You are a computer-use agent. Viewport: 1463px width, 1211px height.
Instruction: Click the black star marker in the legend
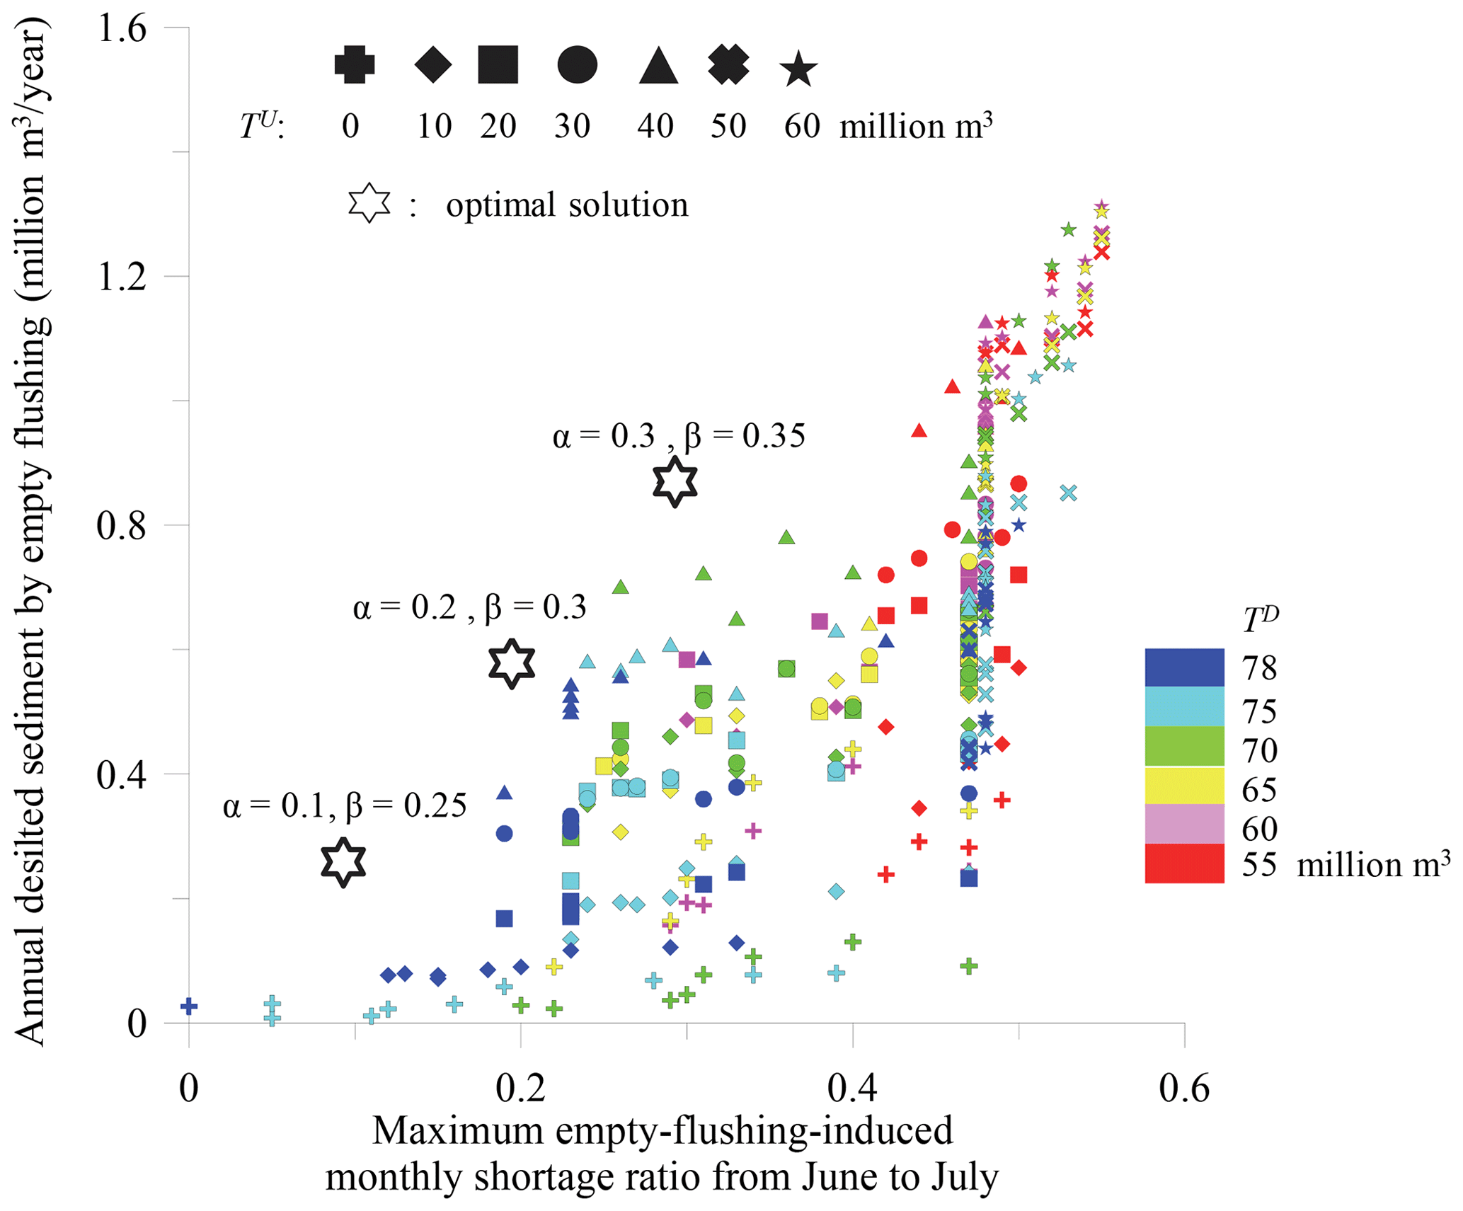798,69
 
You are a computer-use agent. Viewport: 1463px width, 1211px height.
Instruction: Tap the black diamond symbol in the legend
433,65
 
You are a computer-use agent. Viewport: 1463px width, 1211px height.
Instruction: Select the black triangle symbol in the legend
658,67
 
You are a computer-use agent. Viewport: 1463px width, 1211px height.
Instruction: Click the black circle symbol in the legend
577,65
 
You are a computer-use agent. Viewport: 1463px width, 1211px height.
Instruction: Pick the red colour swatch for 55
1184,863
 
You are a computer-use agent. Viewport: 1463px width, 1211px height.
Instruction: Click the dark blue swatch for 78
1184,667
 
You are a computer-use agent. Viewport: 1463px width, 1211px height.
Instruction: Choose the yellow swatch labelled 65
1184,786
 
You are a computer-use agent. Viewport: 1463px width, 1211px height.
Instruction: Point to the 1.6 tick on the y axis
122,28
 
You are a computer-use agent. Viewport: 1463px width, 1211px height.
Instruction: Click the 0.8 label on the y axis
122,526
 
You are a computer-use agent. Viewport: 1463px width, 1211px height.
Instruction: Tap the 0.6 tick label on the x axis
1184,1089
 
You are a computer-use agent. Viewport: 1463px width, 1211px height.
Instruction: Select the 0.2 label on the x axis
521,1089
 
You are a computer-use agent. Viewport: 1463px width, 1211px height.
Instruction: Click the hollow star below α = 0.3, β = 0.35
675,481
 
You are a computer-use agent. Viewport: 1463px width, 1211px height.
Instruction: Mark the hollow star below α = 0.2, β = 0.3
512,663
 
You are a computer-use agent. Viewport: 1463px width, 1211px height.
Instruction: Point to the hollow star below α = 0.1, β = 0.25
343,862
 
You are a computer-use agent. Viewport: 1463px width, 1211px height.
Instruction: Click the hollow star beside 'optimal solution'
369,204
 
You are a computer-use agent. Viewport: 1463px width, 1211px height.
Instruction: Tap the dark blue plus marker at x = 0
189,1006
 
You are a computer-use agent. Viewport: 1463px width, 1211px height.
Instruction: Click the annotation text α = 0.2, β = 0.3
470,607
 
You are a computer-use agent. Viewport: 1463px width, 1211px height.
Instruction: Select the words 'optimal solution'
567,205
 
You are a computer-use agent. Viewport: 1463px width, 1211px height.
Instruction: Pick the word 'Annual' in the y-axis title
30,991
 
